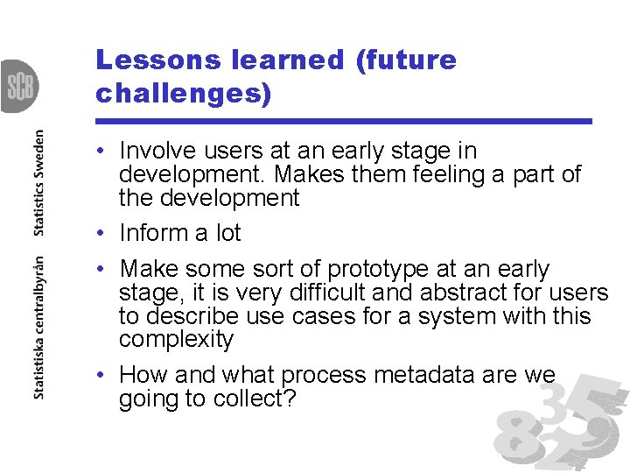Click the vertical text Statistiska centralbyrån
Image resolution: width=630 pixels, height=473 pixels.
click(x=38, y=328)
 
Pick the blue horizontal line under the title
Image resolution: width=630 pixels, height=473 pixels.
click(x=344, y=121)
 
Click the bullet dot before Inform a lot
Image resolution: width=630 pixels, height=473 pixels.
click(x=102, y=234)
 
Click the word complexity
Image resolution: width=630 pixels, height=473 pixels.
click(x=176, y=340)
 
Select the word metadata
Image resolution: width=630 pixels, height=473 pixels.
click(x=419, y=376)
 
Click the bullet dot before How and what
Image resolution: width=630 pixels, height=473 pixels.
click(x=102, y=376)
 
